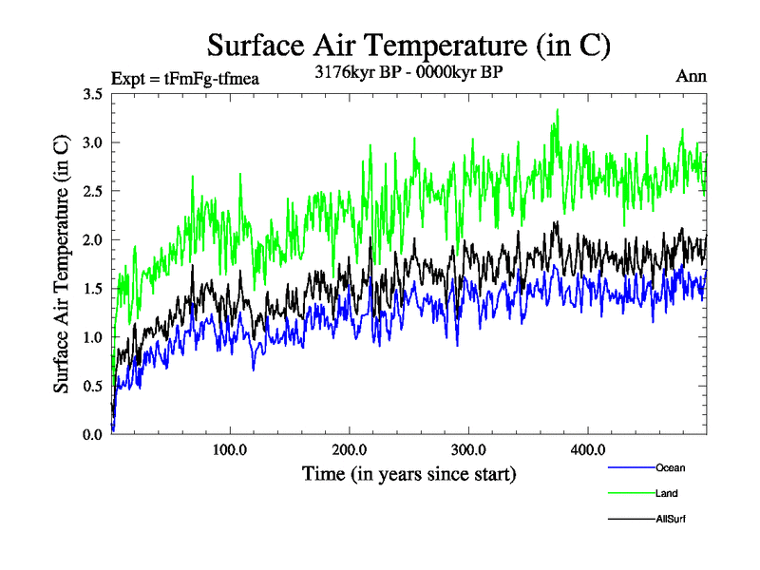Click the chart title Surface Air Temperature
[408, 45]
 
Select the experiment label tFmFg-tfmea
[185, 79]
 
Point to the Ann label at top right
[691, 76]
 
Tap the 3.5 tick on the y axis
[93, 94]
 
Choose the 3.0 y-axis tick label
[93, 142]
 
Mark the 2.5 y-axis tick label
[93, 191]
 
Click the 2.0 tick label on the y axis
[93, 239]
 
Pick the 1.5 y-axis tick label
[93, 289]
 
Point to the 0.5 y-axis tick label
[93, 386]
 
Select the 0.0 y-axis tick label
[93, 434]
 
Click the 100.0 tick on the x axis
[230, 450]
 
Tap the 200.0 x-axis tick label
[350, 450]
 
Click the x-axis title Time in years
[408, 473]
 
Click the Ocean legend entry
[670, 467]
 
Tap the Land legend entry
[666, 493]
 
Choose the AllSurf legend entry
[670, 519]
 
